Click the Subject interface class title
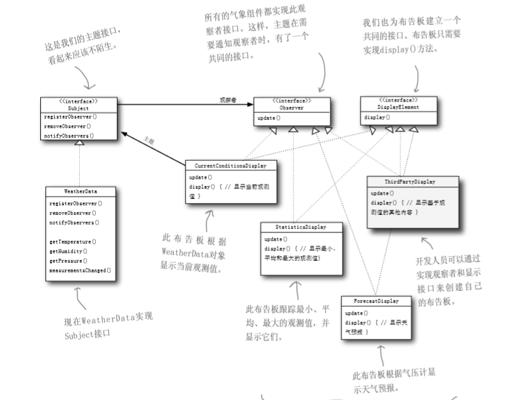[79, 108]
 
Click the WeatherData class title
[80, 191]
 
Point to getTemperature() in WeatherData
[72, 242]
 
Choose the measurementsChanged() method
[80, 270]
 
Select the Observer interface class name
[291, 108]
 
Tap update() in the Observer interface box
[269, 118]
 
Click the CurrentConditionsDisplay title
[231, 165]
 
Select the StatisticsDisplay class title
[301, 227]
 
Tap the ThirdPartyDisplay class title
[412, 182]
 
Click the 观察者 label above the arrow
[228, 100]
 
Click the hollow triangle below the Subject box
[79, 144]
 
